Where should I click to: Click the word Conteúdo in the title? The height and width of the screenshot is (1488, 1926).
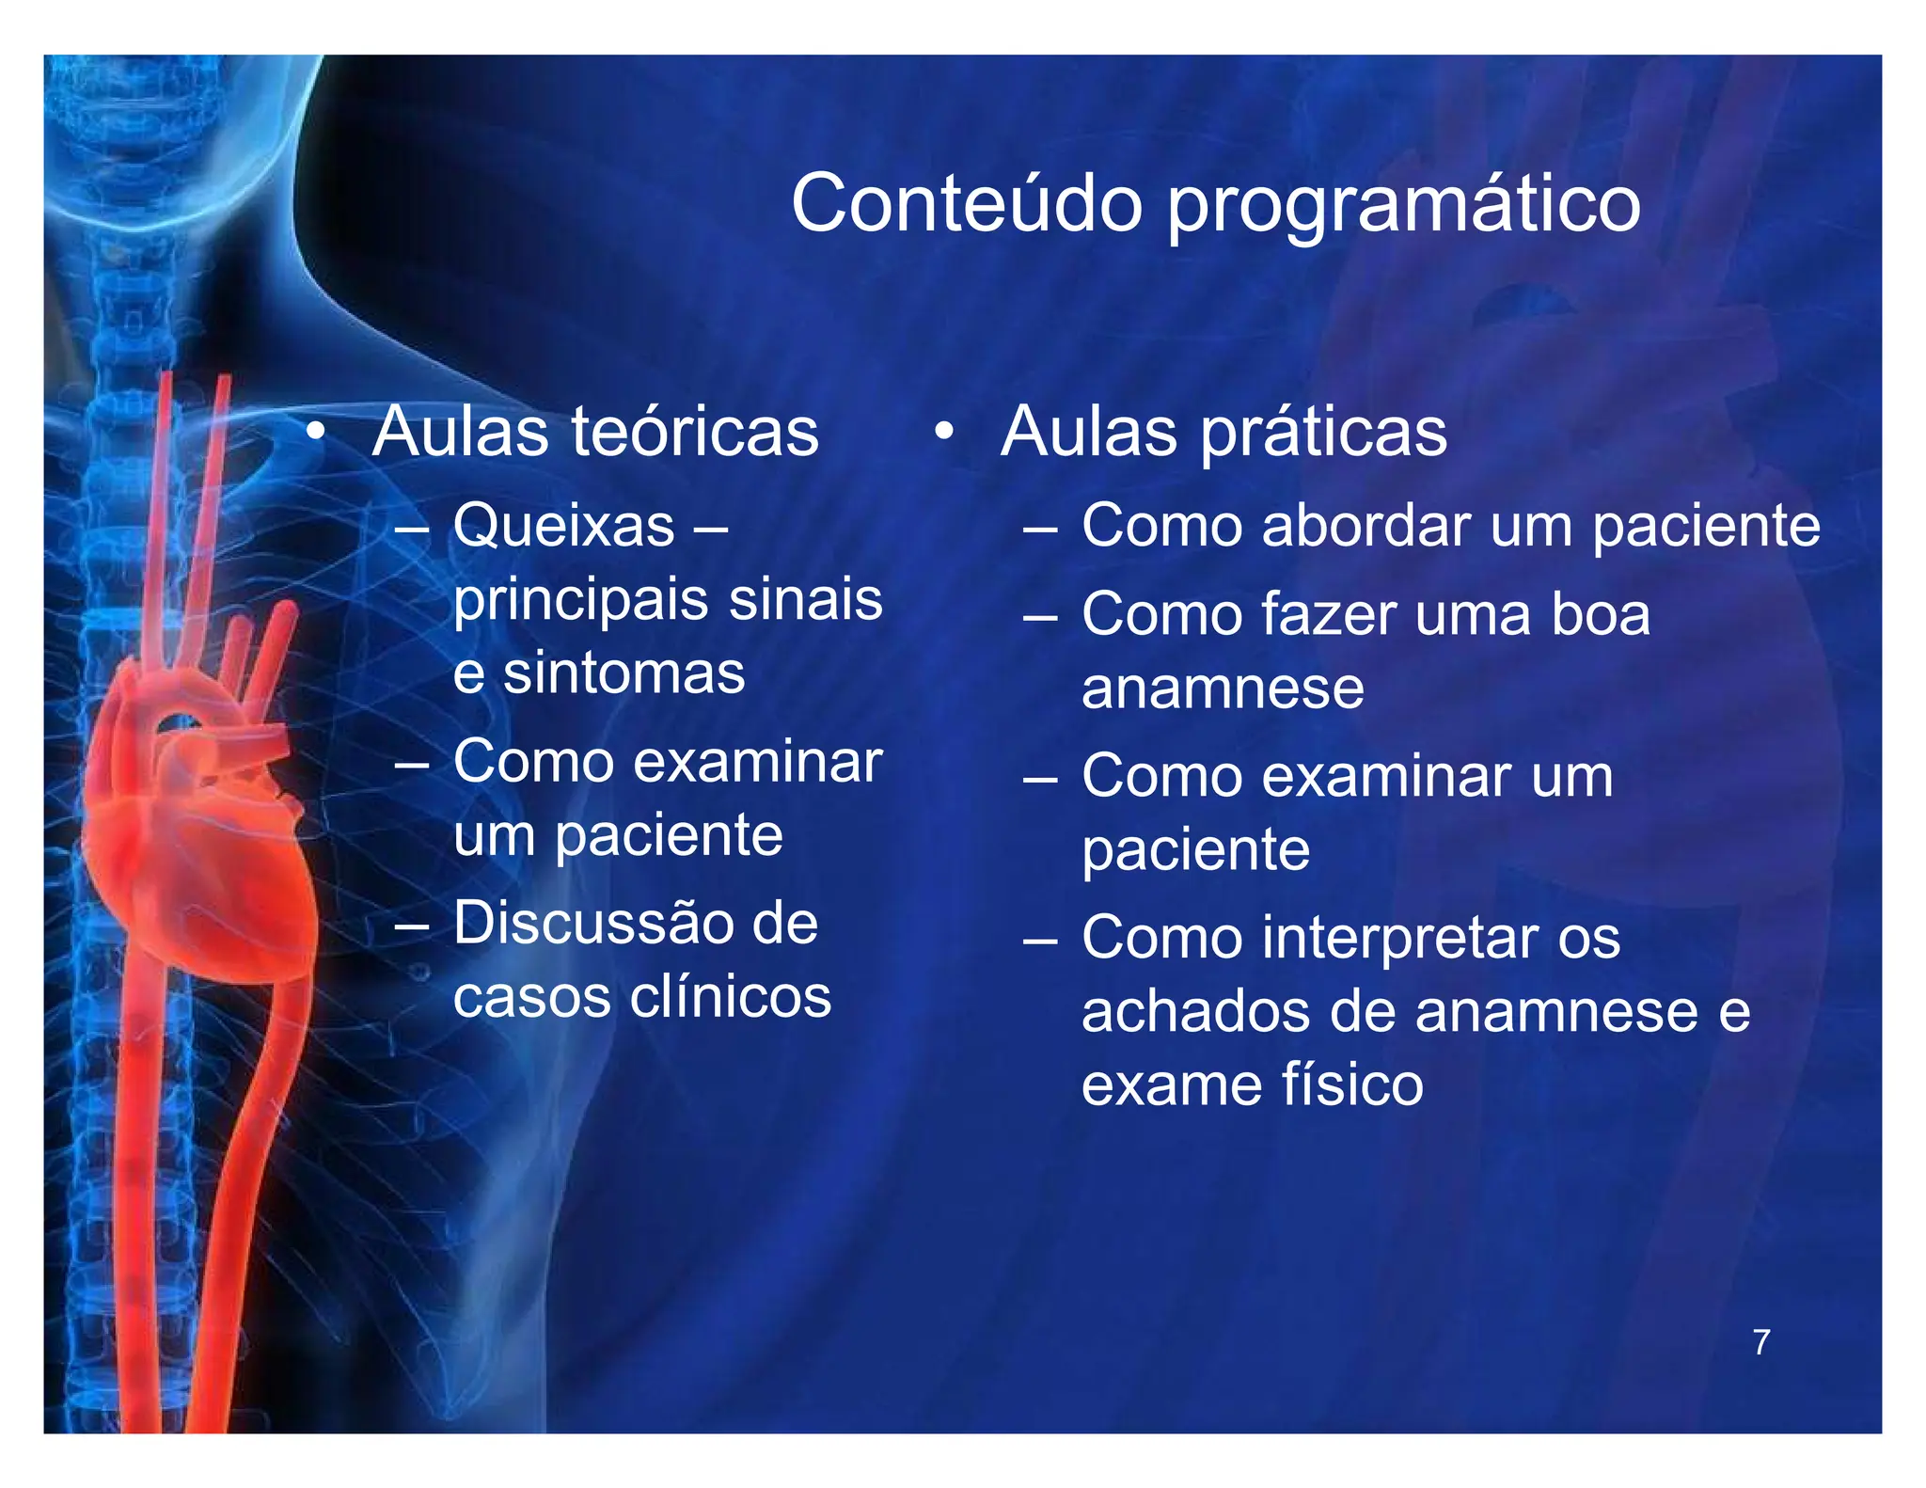(967, 203)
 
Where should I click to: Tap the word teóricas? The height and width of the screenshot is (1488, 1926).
(695, 433)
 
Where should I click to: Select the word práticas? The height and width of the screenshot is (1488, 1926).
(1324, 435)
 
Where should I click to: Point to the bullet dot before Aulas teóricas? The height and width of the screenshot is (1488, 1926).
(316, 433)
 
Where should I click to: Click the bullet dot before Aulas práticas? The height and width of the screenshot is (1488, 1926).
(944, 433)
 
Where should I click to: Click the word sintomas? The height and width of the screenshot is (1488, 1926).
(624, 673)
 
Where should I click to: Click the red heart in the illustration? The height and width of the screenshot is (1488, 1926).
(197, 847)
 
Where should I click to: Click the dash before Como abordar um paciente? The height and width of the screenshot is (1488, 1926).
(1040, 529)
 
